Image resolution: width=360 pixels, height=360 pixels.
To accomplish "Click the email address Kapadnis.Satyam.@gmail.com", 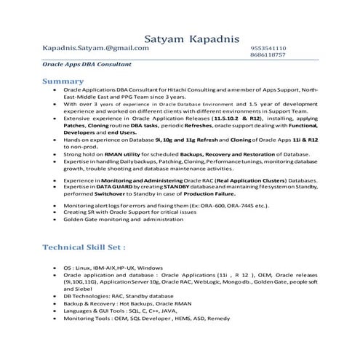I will [96, 47].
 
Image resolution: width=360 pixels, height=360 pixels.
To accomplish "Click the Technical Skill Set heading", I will [87, 247].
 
